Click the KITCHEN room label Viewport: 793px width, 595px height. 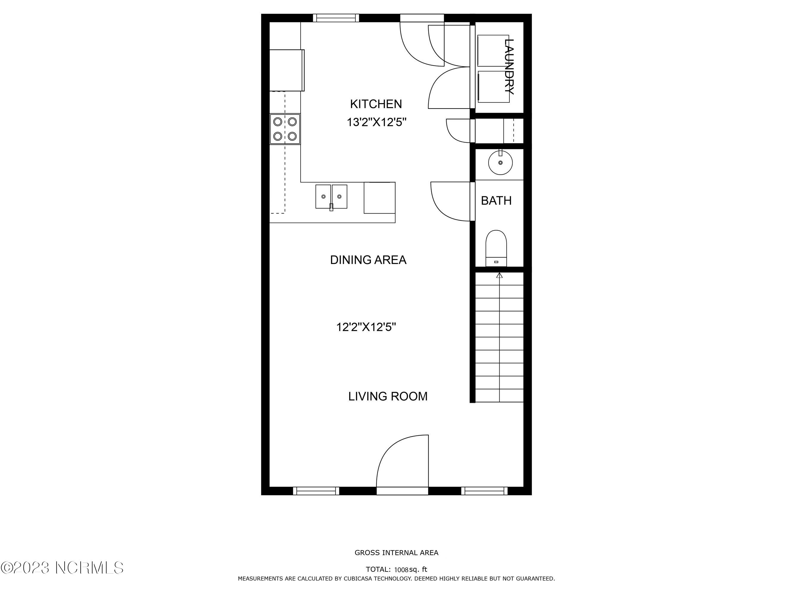coord(376,104)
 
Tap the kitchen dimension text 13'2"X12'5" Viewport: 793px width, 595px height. coord(376,122)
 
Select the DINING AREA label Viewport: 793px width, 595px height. coord(368,260)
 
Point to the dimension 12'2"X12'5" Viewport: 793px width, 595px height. coord(366,327)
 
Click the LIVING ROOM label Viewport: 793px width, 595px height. coord(388,396)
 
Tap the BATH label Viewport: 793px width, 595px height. coord(496,201)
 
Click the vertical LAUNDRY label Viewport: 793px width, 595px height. coord(509,66)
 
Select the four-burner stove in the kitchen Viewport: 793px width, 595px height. coord(285,129)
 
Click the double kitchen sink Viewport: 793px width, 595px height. coord(331,197)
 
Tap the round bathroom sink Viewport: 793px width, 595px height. coord(500,162)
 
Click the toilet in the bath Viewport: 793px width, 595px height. coord(496,248)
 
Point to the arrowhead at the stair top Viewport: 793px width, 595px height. coord(500,275)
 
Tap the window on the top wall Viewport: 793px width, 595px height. coord(336,18)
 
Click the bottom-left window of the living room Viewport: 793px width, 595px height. coord(316,491)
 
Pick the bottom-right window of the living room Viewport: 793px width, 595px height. coord(484,491)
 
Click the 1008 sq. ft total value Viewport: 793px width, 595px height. coord(411,569)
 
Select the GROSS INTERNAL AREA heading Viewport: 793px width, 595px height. coord(397,553)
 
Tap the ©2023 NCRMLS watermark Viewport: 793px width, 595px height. coord(62,568)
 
